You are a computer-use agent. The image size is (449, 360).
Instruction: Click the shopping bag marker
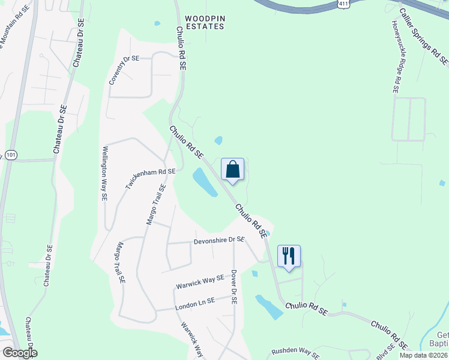click(x=232, y=170)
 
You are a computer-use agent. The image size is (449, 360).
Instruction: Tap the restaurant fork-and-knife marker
click(x=289, y=256)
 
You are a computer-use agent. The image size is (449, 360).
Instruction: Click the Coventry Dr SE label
click(x=124, y=70)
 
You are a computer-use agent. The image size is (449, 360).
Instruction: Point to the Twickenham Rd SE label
click(x=150, y=179)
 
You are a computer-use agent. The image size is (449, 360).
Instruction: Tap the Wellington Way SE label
click(x=105, y=173)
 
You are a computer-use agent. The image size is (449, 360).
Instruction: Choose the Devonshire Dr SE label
click(x=218, y=241)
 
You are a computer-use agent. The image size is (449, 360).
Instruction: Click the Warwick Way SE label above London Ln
click(x=199, y=282)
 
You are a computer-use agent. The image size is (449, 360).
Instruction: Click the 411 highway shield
click(x=343, y=4)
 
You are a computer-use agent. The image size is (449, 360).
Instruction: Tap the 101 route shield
click(x=11, y=155)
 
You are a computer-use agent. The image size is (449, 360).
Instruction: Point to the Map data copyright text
click(x=424, y=355)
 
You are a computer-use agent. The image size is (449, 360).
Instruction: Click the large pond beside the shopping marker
click(x=204, y=182)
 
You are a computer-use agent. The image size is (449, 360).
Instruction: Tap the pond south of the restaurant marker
click(x=269, y=306)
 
